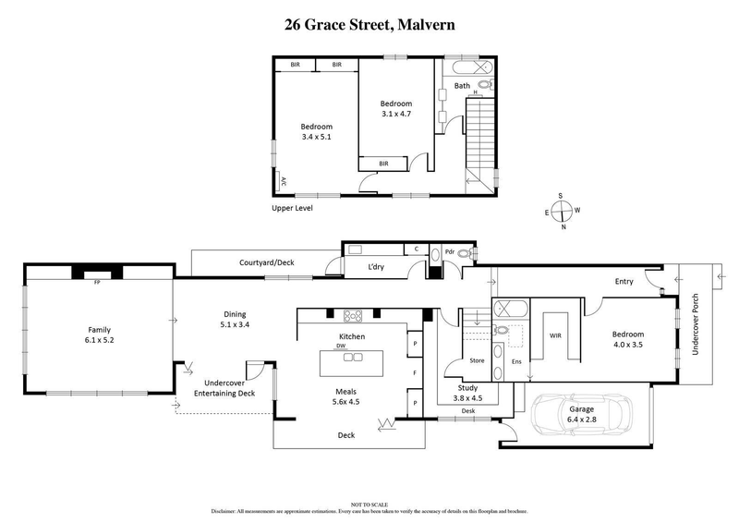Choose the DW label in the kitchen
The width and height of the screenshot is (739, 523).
coord(341,347)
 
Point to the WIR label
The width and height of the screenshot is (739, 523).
coord(556,337)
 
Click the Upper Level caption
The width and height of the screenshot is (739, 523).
coord(292,208)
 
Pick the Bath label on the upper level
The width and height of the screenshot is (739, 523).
coord(462,87)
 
